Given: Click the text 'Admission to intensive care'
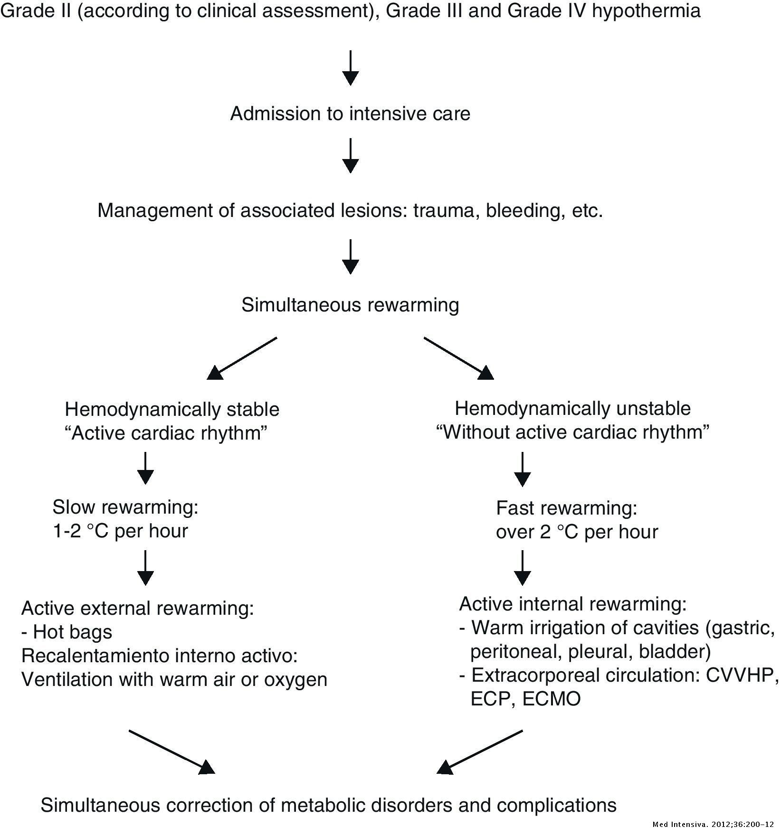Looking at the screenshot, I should pyautogui.click(x=350, y=114).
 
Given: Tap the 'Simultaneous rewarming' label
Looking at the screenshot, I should pyautogui.click(x=350, y=305).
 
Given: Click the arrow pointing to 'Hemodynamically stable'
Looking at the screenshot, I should pyautogui.click(x=242, y=358).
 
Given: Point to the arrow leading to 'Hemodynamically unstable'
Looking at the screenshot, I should pyautogui.click(x=458, y=358).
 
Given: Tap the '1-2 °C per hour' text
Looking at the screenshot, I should pyautogui.click(x=120, y=531).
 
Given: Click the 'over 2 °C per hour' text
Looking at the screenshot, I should pyautogui.click(x=577, y=532).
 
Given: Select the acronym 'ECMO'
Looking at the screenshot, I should pyautogui.click(x=552, y=699).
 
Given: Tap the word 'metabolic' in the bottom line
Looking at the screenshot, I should pyautogui.click(x=328, y=805).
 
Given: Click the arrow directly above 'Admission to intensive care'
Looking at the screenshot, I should pyautogui.click(x=350, y=67).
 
